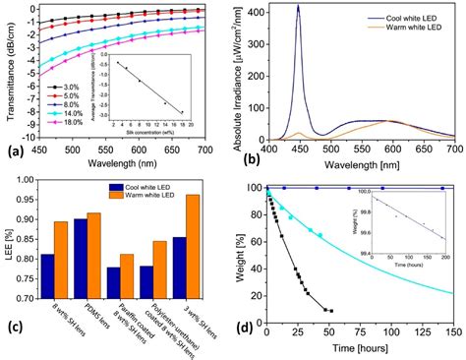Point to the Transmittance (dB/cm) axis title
pos(9,74)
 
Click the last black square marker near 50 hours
pos(330,311)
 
